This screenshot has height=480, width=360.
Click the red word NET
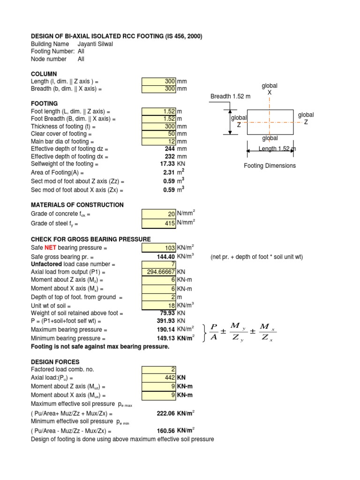[51, 247]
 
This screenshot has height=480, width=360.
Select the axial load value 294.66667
[161, 272]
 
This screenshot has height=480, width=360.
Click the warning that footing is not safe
[100, 346]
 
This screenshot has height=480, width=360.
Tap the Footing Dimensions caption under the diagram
[270, 165]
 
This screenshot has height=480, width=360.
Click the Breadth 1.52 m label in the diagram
[230, 97]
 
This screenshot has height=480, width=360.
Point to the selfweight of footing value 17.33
[167, 164]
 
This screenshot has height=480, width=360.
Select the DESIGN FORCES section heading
[55, 362]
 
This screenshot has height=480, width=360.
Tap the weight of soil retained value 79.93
[167, 313]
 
